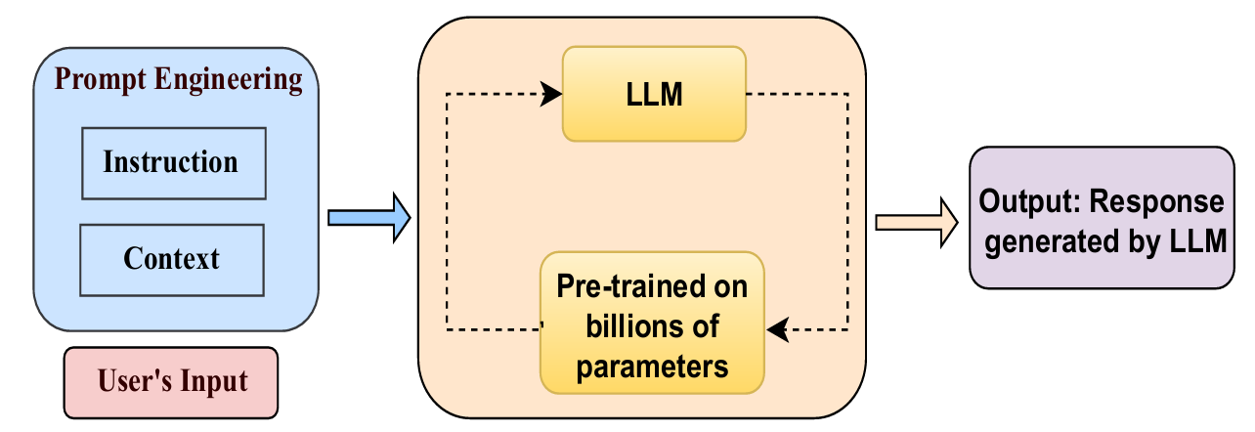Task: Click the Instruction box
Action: (172, 162)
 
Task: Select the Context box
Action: (172, 260)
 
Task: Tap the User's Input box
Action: (172, 381)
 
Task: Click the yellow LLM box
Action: (654, 95)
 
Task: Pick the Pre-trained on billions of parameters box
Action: (652, 326)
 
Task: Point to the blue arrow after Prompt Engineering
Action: (368, 217)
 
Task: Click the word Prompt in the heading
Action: (94, 79)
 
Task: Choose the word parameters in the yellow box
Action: (652, 367)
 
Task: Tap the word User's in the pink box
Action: (132, 381)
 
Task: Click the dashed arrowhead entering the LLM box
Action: (552, 94)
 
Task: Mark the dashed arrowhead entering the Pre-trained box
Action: (776, 331)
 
